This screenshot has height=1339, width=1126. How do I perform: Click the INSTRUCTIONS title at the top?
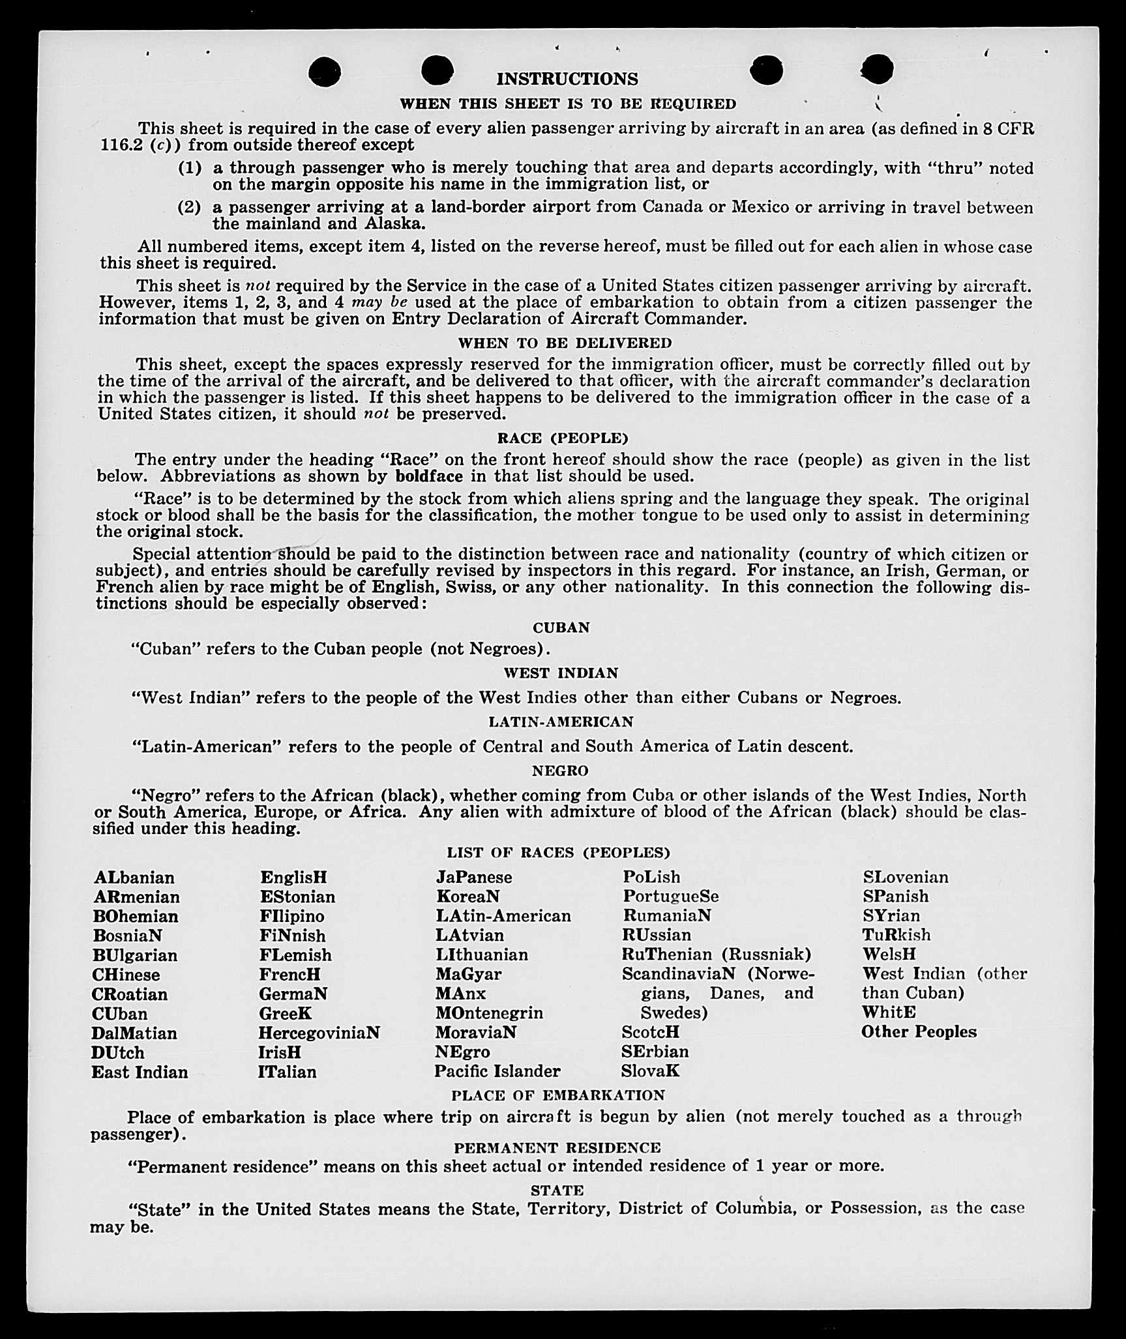[x=567, y=79]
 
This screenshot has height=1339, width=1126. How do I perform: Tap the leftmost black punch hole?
[x=324, y=71]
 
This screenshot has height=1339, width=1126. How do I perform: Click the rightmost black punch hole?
[x=877, y=69]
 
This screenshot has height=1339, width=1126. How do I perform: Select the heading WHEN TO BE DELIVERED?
[x=565, y=343]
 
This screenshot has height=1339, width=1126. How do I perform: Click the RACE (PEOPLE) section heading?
[x=562, y=438]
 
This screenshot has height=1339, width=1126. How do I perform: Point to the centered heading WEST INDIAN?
[x=561, y=672]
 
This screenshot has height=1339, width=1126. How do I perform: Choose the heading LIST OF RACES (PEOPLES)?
[x=558, y=852]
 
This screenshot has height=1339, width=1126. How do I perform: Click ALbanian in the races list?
[x=134, y=878]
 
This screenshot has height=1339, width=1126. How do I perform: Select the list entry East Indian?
[x=140, y=1072]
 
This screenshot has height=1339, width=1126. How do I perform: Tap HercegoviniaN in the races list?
[x=319, y=1033]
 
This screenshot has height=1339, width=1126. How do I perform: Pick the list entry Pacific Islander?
[x=497, y=1071]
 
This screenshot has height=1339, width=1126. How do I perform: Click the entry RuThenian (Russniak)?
[x=717, y=955]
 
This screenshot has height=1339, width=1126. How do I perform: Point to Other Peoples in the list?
[x=919, y=1031]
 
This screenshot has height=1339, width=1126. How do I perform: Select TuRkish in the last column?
[x=896, y=935]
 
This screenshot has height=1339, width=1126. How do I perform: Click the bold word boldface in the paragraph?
[x=428, y=476]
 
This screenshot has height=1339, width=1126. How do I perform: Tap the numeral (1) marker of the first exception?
[x=190, y=167]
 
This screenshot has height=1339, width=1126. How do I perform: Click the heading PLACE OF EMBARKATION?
[x=557, y=1095]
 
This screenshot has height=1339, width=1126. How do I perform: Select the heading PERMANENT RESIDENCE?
[x=557, y=1147]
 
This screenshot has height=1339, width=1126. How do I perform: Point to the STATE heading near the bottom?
[x=557, y=1190]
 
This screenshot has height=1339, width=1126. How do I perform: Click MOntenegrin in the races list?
[x=489, y=1013]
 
